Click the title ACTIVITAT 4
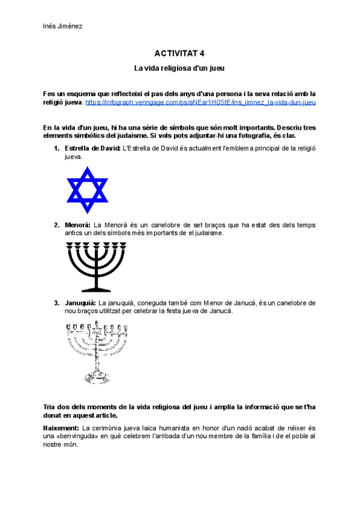click(x=179, y=53)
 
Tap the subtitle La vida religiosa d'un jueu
click(x=179, y=68)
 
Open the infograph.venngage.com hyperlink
click(x=200, y=103)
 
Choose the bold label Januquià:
click(x=80, y=303)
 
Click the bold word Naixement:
click(x=62, y=427)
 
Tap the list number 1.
click(x=56, y=148)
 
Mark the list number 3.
click(x=56, y=303)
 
